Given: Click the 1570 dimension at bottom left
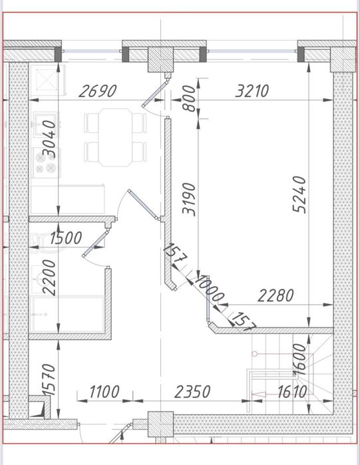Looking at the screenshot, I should pos(49,381).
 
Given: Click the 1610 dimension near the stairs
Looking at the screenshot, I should pos(289,391).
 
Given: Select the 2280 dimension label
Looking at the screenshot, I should pos(275,295).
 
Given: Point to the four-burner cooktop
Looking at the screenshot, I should pos(45,162).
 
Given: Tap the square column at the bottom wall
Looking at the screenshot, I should pos(160,424).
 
